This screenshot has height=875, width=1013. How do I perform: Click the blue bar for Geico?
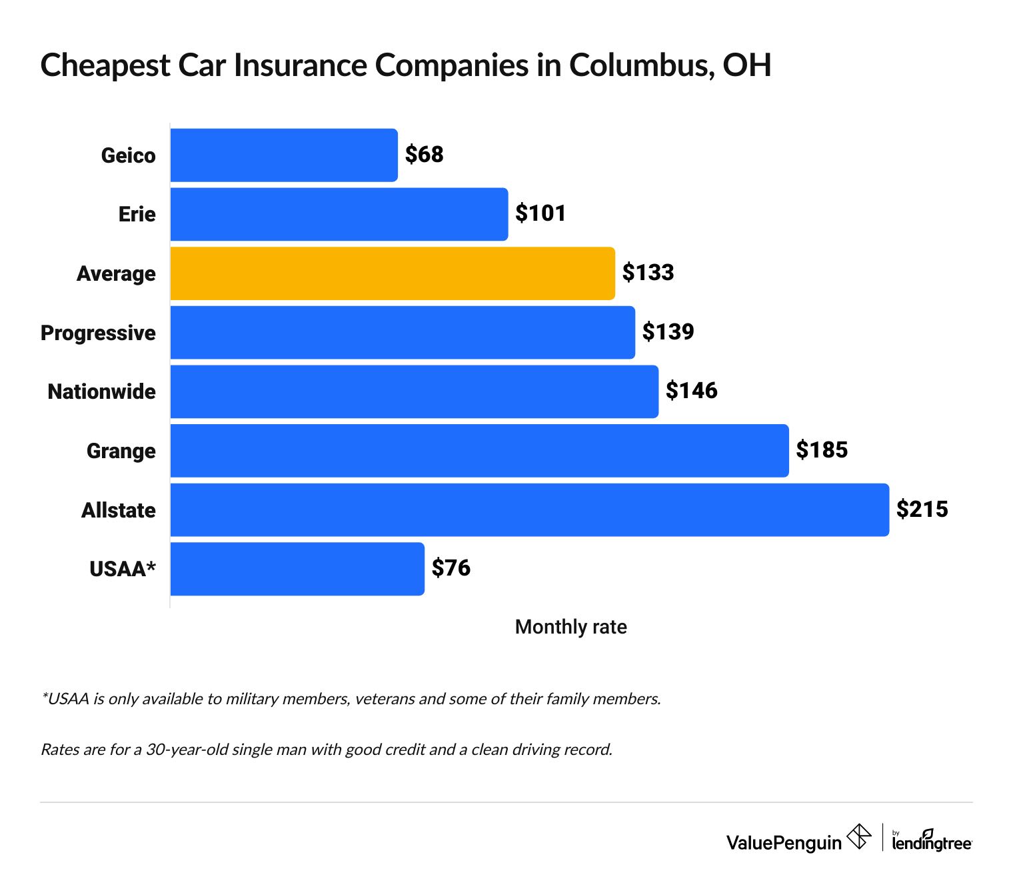pos(284,155)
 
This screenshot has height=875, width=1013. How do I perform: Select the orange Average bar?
pos(393,273)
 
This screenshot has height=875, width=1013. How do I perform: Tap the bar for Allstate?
pos(529,510)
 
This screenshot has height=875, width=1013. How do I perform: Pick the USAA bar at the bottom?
pos(297,569)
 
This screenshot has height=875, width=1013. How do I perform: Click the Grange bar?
pos(479,451)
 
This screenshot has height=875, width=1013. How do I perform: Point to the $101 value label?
pos(540,213)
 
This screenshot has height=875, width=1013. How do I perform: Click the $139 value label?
pos(668,331)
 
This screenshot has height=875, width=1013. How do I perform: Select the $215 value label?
pos(922,509)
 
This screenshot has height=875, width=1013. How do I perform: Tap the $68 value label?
pos(425,155)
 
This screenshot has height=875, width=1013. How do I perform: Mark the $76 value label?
pos(451,568)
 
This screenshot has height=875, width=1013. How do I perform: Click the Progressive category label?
pos(98,333)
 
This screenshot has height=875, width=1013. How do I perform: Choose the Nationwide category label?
pos(101,391)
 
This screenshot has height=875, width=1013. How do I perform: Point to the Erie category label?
pos(137,214)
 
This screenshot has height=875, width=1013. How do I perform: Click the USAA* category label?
pos(123,569)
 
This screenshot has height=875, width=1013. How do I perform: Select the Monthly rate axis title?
pos(570,627)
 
